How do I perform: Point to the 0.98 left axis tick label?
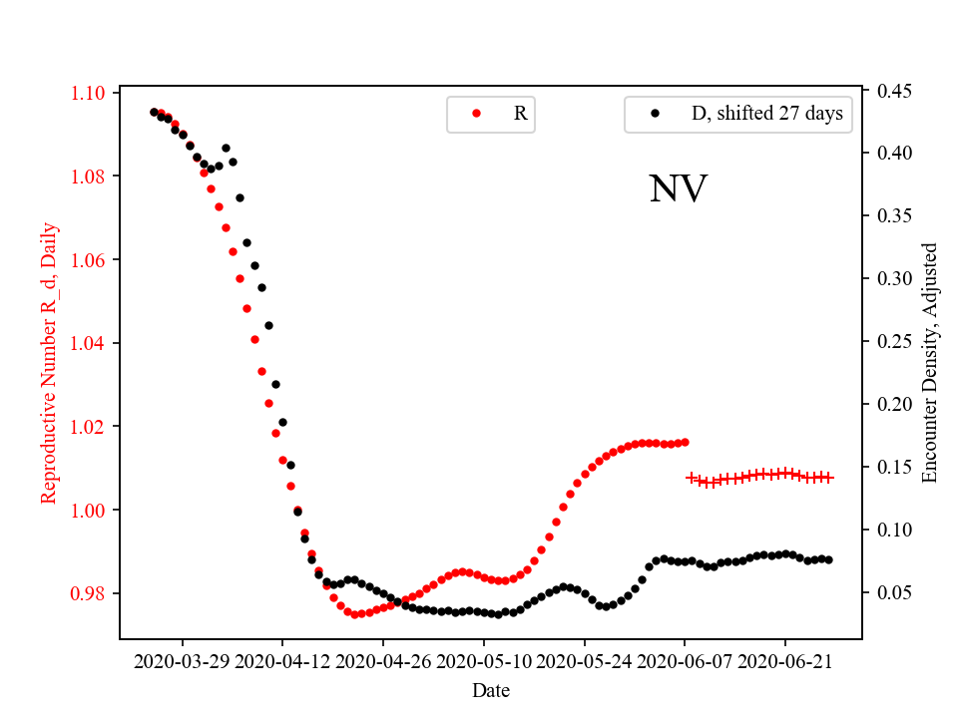(x=93, y=593)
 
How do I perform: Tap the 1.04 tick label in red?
(x=93, y=343)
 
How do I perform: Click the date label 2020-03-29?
(x=183, y=660)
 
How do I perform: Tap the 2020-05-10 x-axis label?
(x=484, y=660)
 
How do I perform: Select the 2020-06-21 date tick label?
(x=784, y=660)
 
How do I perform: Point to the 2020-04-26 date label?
(x=383, y=660)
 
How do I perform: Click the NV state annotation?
(x=678, y=189)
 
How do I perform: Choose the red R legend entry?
(x=520, y=114)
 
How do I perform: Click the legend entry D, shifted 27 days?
(x=766, y=114)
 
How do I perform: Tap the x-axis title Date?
(x=491, y=690)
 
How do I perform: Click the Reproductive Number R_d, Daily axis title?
(x=49, y=363)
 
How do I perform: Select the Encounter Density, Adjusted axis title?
(x=930, y=363)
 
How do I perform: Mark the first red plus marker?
(x=692, y=478)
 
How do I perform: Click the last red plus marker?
(x=828, y=478)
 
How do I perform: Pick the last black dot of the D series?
(x=828, y=559)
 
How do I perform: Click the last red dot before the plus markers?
(x=685, y=442)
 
